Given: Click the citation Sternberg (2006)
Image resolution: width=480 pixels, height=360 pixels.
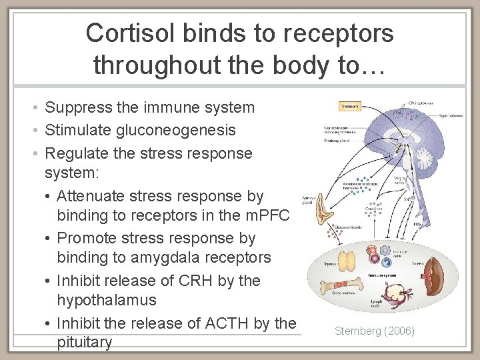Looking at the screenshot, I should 374,331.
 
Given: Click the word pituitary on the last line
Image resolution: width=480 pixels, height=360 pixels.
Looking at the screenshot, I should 85,343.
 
